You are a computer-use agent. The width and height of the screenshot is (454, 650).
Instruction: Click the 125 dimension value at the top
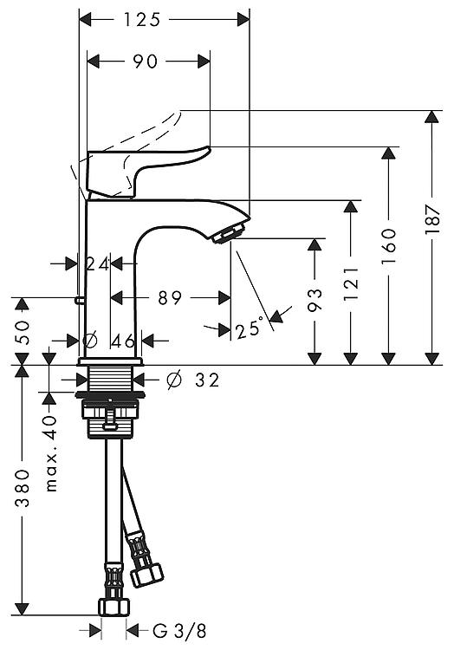(142, 19)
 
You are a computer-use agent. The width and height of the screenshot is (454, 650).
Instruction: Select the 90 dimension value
(146, 62)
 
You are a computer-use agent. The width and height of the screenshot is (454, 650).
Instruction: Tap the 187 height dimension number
(432, 220)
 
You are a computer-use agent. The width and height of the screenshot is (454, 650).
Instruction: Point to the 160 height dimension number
(388, 247)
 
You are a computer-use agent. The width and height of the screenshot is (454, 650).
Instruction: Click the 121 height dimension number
(350, 283)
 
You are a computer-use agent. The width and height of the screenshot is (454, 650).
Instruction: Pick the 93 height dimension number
(315, 300)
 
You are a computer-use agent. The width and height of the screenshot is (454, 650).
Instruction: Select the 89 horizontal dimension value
(170, 297)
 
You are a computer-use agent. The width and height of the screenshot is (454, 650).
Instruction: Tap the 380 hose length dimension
(23, 488)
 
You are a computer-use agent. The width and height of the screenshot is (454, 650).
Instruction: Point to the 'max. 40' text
(50, 453)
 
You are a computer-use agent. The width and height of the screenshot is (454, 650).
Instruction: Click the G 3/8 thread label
(179, 631)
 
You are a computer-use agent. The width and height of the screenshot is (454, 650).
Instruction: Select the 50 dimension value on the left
(23, 332)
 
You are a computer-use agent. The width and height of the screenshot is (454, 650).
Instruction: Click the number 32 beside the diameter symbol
(207, 380)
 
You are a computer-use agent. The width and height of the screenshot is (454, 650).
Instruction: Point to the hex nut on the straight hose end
(114, 608)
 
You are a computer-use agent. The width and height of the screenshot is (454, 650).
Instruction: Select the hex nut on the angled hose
(146, 576)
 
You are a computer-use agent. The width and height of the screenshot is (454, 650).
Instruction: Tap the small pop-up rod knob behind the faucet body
(79, 301)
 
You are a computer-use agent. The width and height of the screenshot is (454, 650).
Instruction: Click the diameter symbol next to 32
(173, 380)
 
